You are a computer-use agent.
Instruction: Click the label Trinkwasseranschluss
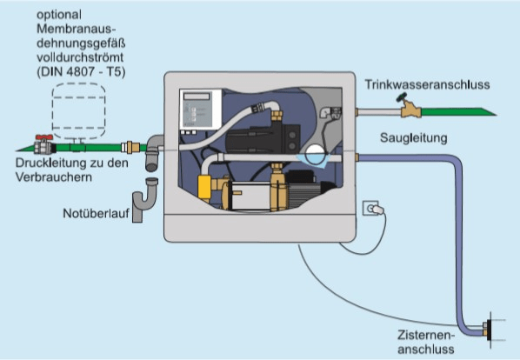[x=427, y=84]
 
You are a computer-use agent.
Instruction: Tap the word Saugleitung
[x=414, y=138]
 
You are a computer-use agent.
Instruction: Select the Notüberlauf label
[x=96, y=213]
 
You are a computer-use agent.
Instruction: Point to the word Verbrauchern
[x=54, y=177]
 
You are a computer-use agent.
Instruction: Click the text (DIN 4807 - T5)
[x=81, y=72]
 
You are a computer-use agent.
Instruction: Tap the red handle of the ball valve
[x=44, y=137]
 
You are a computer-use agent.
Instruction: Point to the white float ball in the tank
[x=315, y=154]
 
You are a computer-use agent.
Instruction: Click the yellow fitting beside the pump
[x=204, y=187]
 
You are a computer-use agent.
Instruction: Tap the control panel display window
[x=197, y=97]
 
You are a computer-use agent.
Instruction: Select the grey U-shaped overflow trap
[x=145, y=200]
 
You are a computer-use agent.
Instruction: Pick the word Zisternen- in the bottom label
[x=426, y=335]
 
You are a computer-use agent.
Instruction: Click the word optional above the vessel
[x=59, y=15]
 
